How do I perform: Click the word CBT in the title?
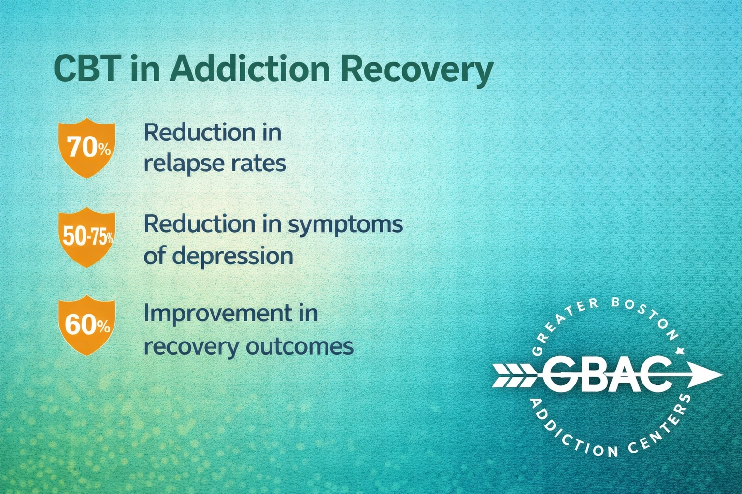(x=85, y=69)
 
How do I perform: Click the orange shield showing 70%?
(x=87, y=147)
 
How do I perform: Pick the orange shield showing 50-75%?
(x=87, y=237)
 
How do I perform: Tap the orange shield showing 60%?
(x=87, y=326)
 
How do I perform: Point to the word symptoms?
(x=345, y=224)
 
